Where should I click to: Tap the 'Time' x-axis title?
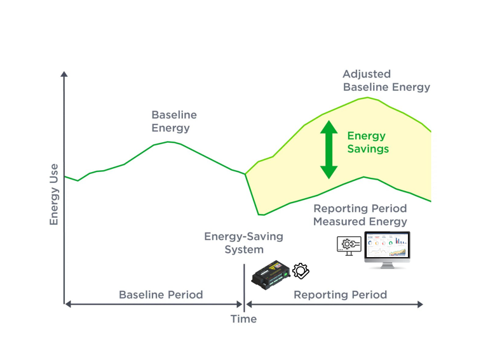pos(243,319)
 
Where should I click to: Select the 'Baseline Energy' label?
pos(173,121)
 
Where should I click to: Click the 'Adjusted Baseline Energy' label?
pos(386,81)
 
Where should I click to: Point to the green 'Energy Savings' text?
pos(367,143)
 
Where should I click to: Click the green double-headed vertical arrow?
pos(329,149)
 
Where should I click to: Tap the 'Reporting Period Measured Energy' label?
pos(360,215)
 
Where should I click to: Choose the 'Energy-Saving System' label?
pos(243,243)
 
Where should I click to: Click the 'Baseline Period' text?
pos(161,295)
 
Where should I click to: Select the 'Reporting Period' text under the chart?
pos(340,295)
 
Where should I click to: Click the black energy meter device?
pos(270,274)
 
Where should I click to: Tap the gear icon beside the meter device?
pos(301,271)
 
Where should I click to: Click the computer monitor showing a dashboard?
pos(387,248)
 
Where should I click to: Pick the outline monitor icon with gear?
pos(349,245)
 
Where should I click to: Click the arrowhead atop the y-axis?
pos(64,76)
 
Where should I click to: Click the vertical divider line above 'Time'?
pos(244,286)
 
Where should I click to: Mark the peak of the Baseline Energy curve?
pos(169,142)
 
